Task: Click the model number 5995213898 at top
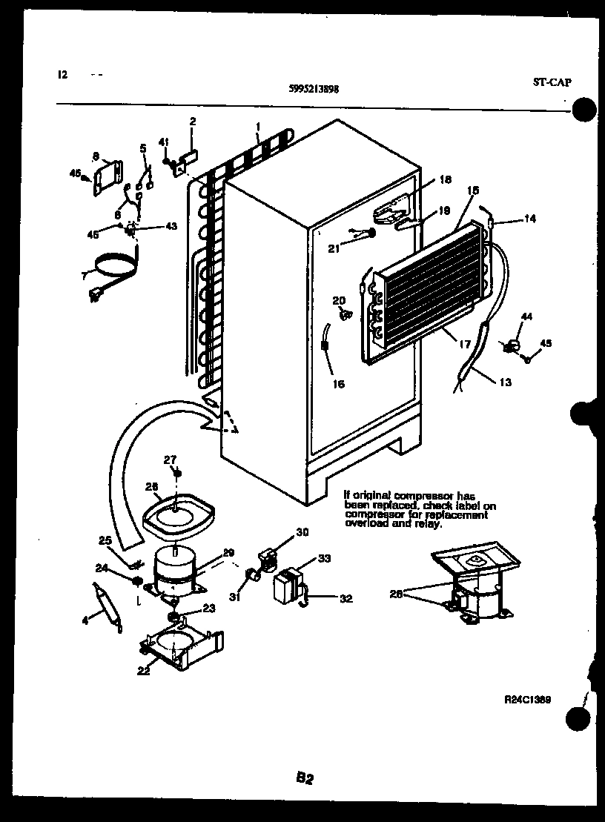(314, 88)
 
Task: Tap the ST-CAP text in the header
(552, 82)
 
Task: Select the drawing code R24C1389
(527, 698)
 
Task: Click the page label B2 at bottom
(305, 778)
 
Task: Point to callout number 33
(324, 558)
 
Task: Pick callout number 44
(527, 317)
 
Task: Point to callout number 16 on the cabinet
(338, 384)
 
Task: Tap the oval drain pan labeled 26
(176, 514)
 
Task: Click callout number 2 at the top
(193, 121)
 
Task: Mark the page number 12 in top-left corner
(62, 74)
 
